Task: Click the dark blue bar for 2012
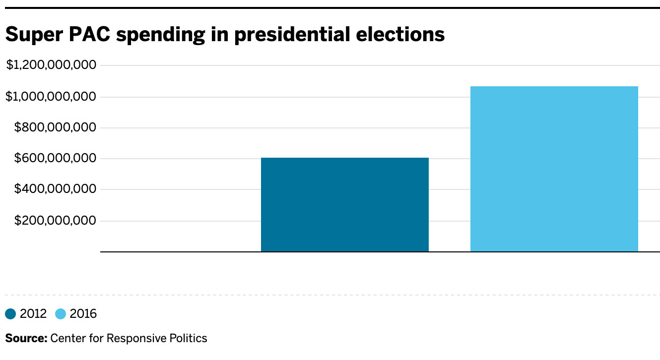click(x=344, y=205)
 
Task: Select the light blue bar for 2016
click(x=554, y=169)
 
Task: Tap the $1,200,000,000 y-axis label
click(x=51, y=65)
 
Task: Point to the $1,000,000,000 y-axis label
click(x=51, y=97)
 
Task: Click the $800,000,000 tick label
click(x=55, y=128)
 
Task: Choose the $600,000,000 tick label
click(x=55, y=159)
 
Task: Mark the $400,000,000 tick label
click(x=55, y=189)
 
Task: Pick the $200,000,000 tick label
click(x=55, y=221)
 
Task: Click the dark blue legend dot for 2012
click(x=10, y=314)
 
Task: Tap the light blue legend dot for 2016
click(x=61, y=314)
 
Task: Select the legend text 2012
click(x=33, y=314)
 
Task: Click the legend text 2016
click(x=83, y=314)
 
